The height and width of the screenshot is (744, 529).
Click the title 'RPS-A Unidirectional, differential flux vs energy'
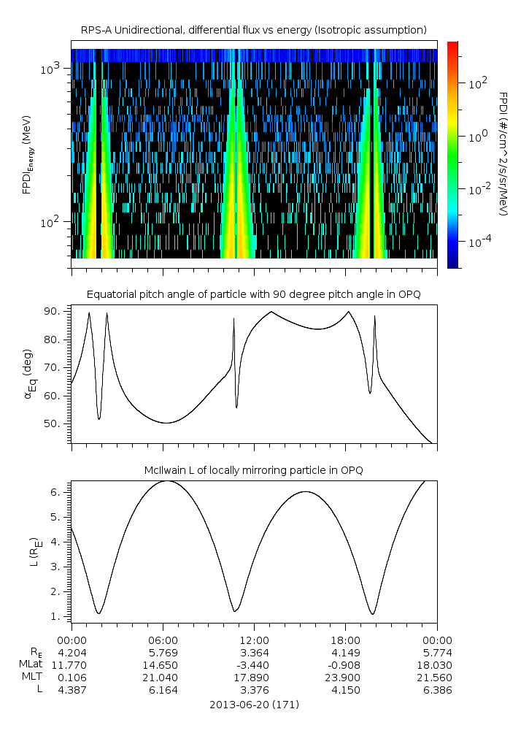(x=254, y=30)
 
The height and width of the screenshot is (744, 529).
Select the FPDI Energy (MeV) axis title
(x=27, y=154)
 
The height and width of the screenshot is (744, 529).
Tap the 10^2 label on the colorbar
(x=477, y=83)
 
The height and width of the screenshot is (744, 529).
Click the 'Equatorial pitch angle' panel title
(x=254, y=294)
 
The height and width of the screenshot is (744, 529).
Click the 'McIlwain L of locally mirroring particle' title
(x=254, y=470)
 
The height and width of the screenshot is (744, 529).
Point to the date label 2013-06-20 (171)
(x=254, y=705)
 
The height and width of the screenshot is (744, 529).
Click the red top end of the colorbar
(x=452, y=45)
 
